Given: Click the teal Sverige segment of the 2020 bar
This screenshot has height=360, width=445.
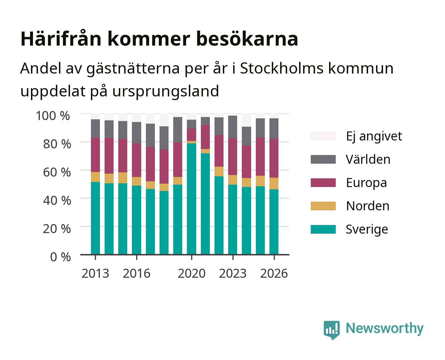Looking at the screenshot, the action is pos(192,199).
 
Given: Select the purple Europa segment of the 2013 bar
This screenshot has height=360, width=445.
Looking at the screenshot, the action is pos(95,155).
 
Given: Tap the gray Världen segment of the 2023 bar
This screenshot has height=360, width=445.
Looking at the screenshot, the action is pos(232,127).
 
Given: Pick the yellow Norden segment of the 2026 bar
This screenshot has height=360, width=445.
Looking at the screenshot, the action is pos(274,184).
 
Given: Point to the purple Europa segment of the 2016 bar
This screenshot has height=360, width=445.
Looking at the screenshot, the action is pos(137,160).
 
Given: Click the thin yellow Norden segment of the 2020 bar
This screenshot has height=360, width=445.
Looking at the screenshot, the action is pos(192,142).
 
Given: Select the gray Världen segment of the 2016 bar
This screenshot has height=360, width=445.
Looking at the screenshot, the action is pos(137,133).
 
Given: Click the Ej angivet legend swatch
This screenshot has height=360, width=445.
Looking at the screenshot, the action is pos(323,136).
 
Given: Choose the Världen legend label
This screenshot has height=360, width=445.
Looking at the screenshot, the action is pos(368,159).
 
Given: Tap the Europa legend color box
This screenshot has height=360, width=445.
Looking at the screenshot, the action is pos(323,183).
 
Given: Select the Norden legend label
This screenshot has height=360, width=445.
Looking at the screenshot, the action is pos(368,206).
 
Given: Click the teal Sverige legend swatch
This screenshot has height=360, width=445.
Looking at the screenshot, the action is pos(323,229).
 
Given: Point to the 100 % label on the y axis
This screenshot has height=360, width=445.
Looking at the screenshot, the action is pos(53,116).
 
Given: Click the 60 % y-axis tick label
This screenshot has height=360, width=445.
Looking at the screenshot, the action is pos(57,172).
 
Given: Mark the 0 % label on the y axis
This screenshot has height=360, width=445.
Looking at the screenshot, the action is pos(60,257).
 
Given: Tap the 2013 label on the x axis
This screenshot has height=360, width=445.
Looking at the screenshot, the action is pos(95,273).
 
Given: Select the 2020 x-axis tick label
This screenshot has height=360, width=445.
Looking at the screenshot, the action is pos(192,273).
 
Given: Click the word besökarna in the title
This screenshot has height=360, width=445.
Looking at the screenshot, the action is pos(247,39).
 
